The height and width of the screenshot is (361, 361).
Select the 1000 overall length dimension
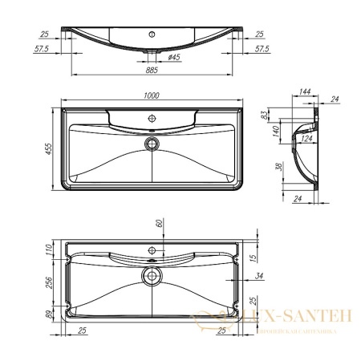(x=151, y=96)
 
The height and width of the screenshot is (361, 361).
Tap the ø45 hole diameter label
(x=172, y=57)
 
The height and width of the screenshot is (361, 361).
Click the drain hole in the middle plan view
(x=150, y=143)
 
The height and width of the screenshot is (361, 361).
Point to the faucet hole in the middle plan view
(x=150, y=119)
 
